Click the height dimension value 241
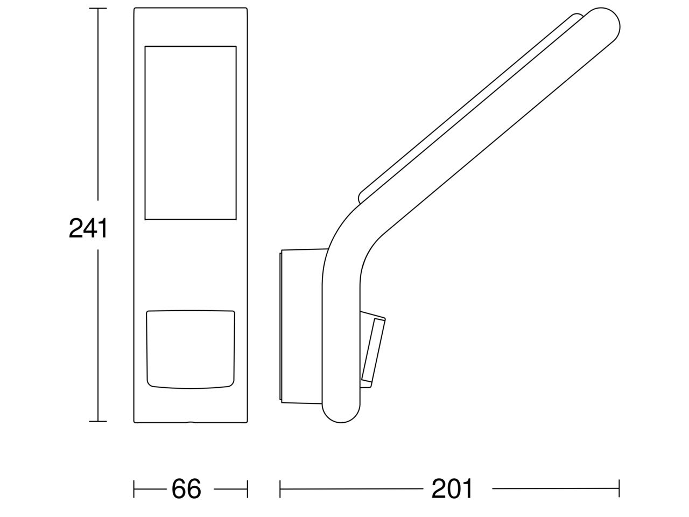coord(88,228)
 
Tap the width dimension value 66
coord(186,489)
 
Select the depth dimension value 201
coord(452,489)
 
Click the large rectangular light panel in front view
coord(191,133)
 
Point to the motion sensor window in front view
coord(191,350)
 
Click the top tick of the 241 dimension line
coord(98,9)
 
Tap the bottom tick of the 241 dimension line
coord(98,421)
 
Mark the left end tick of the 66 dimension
coord(134,489)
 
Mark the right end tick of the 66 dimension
coord(248,489)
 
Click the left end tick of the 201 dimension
coord(280,489)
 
